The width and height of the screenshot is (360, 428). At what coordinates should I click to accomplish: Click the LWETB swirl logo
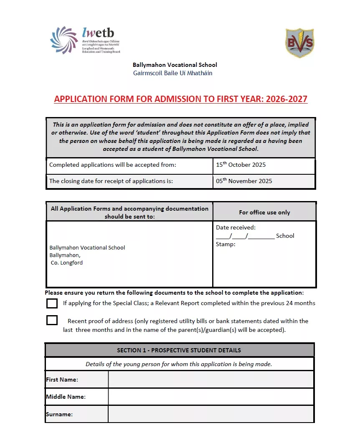click(x=64, y=40)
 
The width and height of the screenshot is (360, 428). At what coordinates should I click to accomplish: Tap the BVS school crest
click(x=299, y=43)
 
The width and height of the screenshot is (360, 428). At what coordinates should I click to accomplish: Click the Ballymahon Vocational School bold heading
click(x=175, y=65)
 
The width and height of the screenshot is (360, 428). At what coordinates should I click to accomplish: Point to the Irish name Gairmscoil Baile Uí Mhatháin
click(x=172, y=73)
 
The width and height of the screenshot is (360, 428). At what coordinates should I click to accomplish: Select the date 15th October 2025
click(x=241, y=165)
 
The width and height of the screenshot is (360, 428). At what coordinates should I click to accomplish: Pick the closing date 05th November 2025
click(x=244, y=181)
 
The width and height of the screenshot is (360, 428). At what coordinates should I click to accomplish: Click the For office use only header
click(x=264, y=212)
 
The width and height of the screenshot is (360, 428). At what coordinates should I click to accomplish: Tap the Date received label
click(x=236, y=228)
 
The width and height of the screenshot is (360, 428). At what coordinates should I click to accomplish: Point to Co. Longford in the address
click(x=67, y=263)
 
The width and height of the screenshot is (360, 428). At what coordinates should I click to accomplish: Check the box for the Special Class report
click(x=52, y=303)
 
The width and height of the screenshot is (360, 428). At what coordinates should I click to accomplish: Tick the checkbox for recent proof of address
click(x=52, y=320)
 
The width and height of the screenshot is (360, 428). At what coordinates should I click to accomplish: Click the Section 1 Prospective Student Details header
click(x=179, y=350)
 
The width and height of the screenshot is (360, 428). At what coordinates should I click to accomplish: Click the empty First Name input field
click(x=211, y=380)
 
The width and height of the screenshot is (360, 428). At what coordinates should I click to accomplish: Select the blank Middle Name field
click(x=211, y=397)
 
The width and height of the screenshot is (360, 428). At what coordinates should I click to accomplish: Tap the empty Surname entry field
click(x=211, y=414)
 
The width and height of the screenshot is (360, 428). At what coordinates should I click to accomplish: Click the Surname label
click(x=59, y=415)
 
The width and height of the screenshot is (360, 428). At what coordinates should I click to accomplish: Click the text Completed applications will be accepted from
click(x=113, y=165)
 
